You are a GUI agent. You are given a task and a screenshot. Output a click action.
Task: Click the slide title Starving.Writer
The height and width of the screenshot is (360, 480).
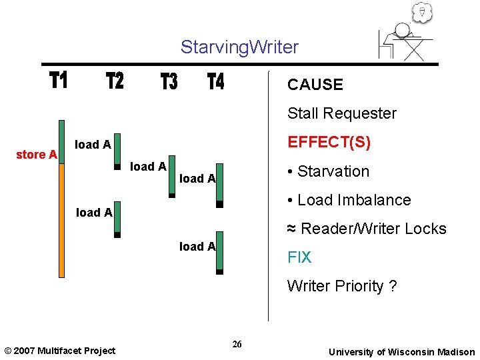click(x=239, y=47)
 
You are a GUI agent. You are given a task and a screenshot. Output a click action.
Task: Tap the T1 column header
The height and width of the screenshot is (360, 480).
click(x=59, y=81)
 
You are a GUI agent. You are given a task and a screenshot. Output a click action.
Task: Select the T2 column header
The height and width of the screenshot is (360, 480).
click(x=115, y=81)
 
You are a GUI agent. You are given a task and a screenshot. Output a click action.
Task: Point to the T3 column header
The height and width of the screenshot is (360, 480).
click(x=169, y=82)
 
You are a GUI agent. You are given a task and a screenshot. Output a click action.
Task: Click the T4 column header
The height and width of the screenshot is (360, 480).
click(x=216, y=82)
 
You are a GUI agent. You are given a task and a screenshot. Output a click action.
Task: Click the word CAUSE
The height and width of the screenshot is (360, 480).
click(x=315, y=85)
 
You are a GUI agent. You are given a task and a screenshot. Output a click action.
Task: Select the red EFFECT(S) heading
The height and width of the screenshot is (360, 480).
click(x=329, y=143)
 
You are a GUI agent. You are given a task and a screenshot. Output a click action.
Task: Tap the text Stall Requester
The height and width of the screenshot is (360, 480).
click(x=341, y=113)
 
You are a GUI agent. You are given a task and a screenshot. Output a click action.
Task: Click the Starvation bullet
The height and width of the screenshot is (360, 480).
click(x=327, y=171)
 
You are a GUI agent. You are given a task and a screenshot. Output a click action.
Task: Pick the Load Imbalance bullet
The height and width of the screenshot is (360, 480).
click(x=348, y=200)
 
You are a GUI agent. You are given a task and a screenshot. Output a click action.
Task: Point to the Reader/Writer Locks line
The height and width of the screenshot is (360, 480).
click(x=367, y=229)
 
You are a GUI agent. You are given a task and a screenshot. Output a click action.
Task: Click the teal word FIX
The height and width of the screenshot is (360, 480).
click(x=299, y=257)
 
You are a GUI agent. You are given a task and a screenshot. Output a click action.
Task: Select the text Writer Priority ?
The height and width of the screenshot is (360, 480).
click(x=341, y=286)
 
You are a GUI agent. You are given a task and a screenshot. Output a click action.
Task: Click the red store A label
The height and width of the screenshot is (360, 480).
click(x=36, y=155)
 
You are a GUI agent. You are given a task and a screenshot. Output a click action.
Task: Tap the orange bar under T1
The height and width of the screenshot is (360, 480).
click(x=61, y=220)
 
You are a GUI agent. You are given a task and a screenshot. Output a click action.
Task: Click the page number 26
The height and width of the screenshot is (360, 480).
click(x=237, y=344)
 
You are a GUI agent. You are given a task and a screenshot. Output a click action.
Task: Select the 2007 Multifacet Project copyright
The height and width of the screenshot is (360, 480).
click(x=59, y=351)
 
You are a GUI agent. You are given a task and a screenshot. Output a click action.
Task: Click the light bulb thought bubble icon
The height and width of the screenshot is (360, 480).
click(x=422, y=11)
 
